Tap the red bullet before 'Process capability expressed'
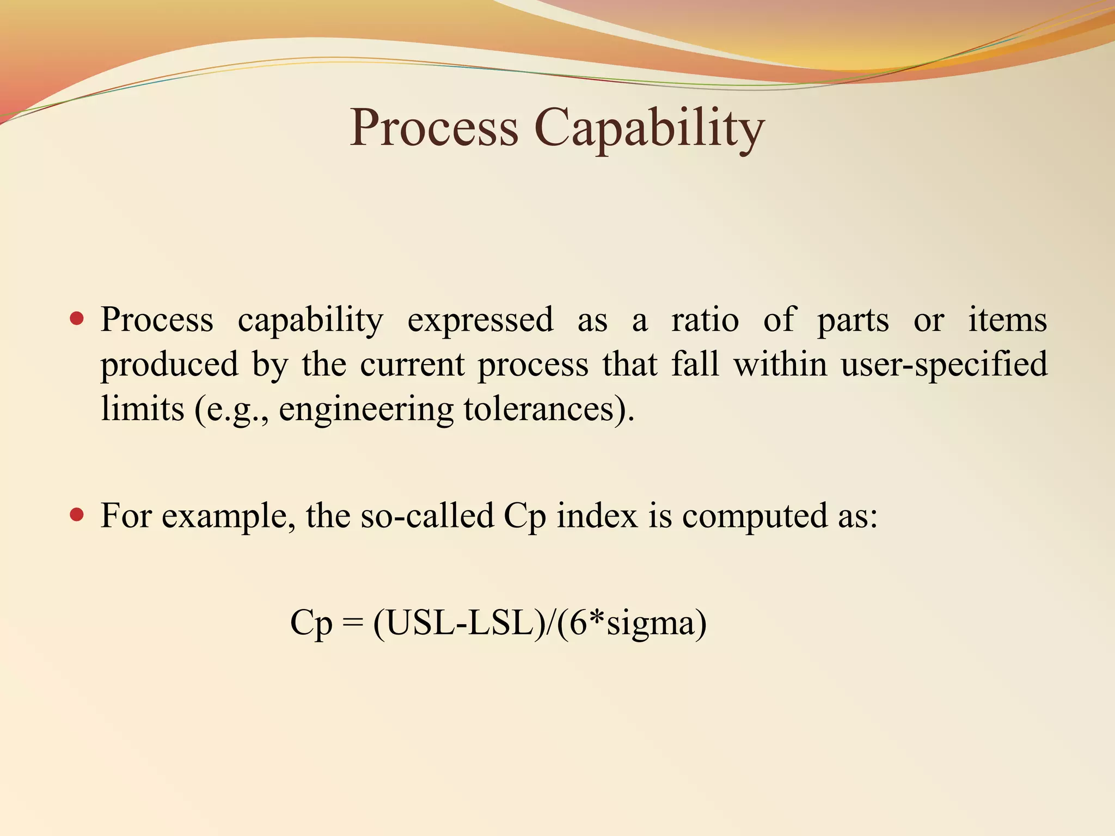pos(77,318)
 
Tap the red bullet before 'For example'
pos(77,514)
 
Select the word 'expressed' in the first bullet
pos(480,320)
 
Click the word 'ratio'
pos(705,320)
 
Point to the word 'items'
pos(1007,320)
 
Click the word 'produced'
pos(169,365)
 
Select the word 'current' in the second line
pos(412,365)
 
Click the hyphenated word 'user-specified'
pos(944,365)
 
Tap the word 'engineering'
pos(366,410)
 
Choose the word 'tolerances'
pos(544,409)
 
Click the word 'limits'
pos(143,409)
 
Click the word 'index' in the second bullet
pos(597,515)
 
